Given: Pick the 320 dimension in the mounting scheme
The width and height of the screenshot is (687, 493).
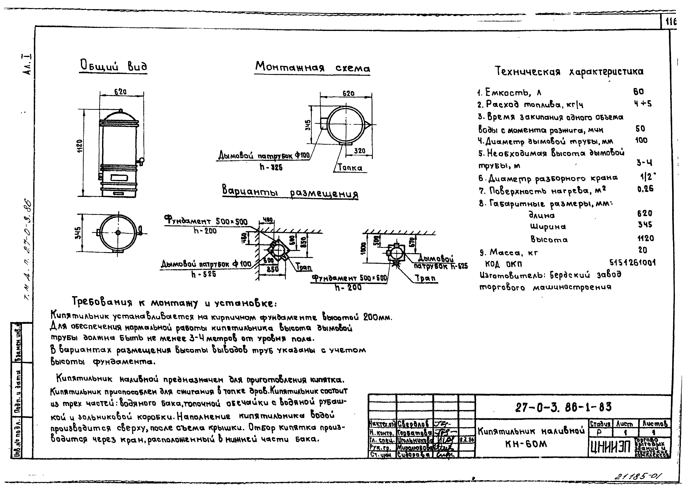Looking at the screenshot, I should point(360,151).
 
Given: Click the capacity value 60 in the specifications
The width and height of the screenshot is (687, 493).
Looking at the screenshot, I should point(639,91).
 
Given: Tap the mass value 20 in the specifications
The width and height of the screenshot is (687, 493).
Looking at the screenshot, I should point(643,250).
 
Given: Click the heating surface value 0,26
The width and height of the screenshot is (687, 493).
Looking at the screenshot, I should point(645,189).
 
